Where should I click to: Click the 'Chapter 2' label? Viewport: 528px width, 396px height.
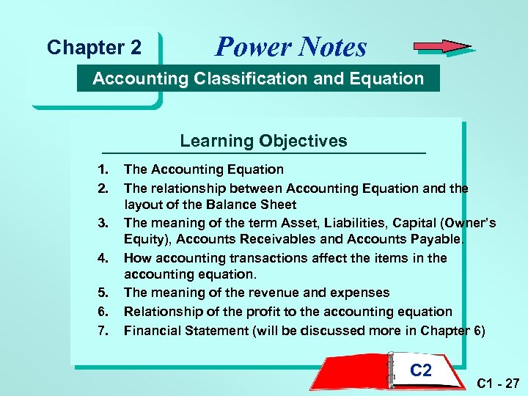(94, 48)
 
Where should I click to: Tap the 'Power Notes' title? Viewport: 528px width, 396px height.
(290, 47)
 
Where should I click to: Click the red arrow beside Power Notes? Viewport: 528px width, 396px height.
(442, 47)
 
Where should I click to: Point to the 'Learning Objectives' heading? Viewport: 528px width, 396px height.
(264, 141)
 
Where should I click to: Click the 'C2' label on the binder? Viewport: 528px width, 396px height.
(421, 370)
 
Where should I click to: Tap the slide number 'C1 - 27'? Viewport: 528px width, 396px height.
(497, 383)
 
